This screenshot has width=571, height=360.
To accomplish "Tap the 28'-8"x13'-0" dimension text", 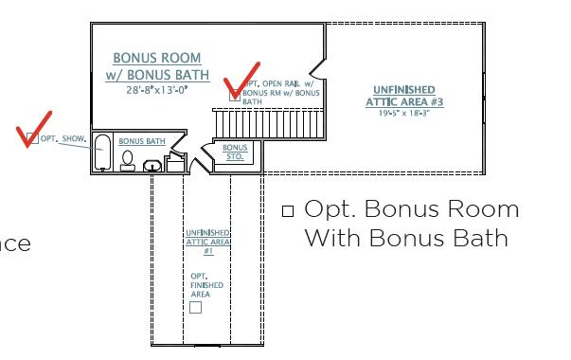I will [157, 90].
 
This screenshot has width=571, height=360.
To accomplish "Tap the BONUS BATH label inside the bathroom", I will [142, 142].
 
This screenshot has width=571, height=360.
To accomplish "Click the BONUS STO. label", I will [234, 152].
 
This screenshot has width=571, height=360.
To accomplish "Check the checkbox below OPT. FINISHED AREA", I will [196, 307].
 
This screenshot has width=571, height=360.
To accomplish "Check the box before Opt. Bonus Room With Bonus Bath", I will [288, 210].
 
